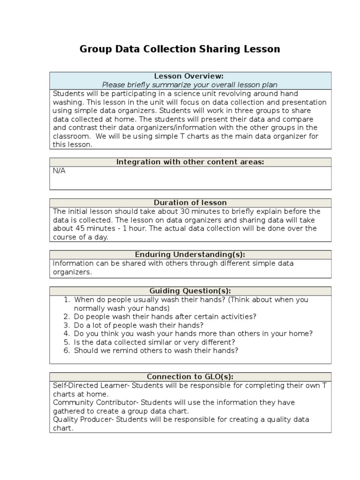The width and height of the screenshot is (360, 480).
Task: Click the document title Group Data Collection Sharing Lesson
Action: (x=180, y=49)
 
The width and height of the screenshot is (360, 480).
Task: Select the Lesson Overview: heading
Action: (x=189, y=76)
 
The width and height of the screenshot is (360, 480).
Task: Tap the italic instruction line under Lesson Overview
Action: (x=190, y=85)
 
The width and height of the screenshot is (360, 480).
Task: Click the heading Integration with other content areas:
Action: (x=190, y=162)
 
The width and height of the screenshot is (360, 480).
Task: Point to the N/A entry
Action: (x=59, y=171)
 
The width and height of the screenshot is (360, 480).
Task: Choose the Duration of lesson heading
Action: (x=190, y=202)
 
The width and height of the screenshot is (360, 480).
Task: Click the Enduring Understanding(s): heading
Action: (x=190, y=255)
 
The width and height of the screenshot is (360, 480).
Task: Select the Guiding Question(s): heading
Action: (x=190, y=291)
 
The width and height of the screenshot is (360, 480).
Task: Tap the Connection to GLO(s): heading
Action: (x=190, y=376)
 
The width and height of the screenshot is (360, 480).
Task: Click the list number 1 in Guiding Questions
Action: (x=67, y=300)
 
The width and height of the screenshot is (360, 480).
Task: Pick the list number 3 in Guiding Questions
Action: (x=67, y=325)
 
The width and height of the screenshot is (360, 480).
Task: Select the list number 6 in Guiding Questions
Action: (x=67, y=351)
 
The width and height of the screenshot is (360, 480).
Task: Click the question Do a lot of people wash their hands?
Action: (x=139, y=325)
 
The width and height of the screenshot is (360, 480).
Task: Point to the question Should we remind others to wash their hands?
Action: (x=156, y=351)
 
